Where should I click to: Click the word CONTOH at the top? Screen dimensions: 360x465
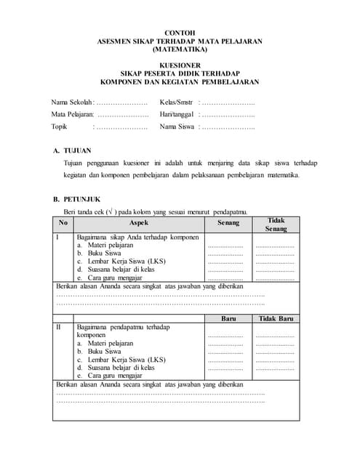(180, 33)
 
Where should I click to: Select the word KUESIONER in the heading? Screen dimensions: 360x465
(180, 65)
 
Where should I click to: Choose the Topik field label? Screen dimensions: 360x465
(59, 126)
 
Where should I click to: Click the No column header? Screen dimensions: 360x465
(63, 222)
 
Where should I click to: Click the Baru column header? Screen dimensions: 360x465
(228, 318)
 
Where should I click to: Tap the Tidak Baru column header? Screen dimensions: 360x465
(276, 318)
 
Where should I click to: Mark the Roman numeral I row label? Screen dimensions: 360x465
(57, 238)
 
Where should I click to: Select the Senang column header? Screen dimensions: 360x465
(228, 222)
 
